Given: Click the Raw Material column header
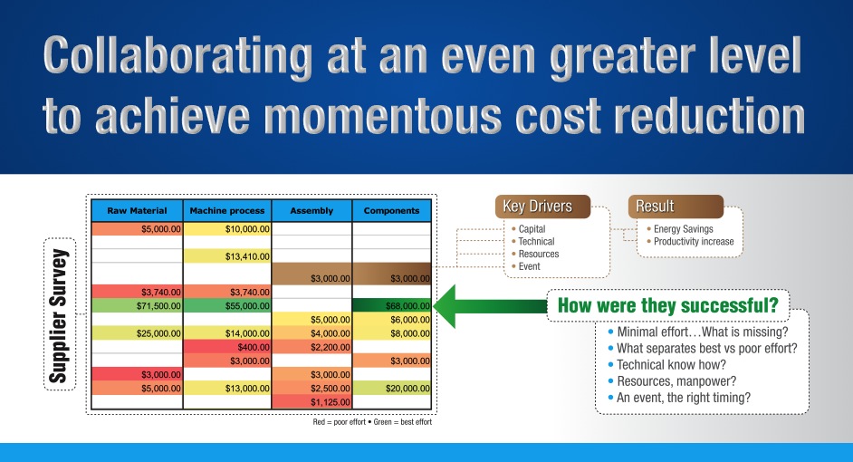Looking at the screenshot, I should tap(137, 210).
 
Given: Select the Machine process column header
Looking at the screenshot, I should tap(226, 210).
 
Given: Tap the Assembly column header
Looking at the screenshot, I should tap(311, 210).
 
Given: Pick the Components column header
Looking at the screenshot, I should tap(391, 210).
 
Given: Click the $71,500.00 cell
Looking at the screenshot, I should tap(138, 306).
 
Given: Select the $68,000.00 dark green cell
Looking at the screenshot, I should tap(391, 306).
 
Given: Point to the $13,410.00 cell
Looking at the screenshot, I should tap(226, 256).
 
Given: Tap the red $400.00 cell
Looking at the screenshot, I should tap(226, 347).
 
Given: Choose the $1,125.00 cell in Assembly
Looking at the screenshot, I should tap(311, 401).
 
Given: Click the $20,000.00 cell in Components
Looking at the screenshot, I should tap(391, 388).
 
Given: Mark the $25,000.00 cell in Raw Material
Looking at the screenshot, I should tap(138, 333).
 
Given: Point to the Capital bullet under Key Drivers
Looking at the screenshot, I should tap(532, 229).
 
